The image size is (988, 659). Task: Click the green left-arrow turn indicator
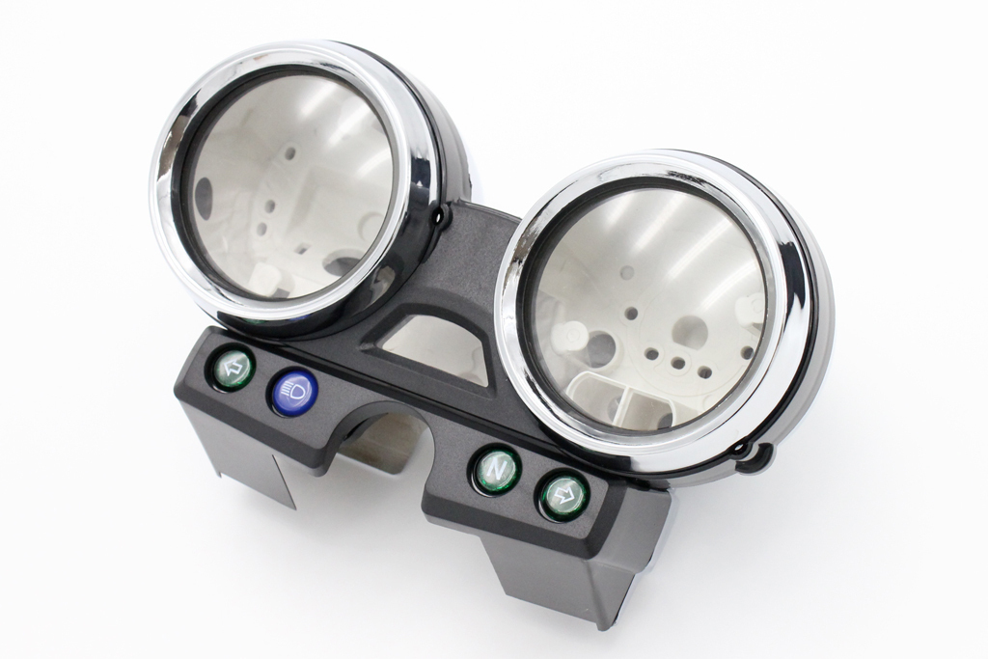tap(233, 369)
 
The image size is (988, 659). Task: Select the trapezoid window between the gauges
tap(439, 347)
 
